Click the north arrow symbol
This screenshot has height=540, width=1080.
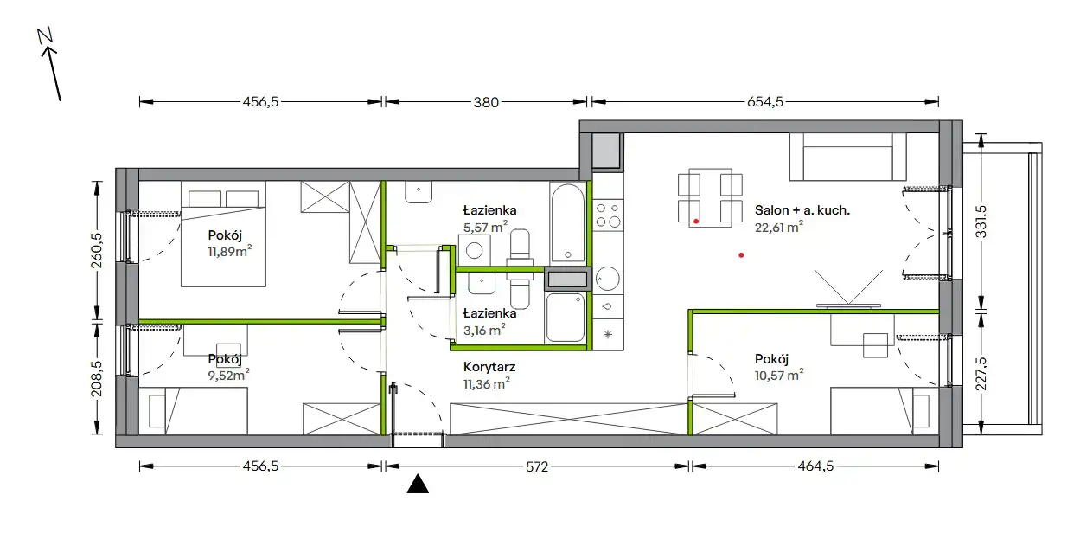49,65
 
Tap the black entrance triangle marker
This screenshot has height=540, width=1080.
418,484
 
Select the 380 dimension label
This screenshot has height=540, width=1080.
486,102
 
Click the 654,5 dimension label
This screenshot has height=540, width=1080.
765,102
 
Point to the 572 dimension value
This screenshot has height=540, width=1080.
537,466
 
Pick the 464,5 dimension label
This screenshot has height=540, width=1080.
815,466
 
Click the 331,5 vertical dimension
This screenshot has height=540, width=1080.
981,222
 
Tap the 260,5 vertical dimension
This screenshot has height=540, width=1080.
97,250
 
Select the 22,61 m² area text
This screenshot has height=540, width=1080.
779,227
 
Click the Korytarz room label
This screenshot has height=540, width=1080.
489,367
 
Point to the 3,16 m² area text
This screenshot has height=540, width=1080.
484,330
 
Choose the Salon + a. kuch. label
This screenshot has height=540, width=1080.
802,210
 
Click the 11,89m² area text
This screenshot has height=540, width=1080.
230,252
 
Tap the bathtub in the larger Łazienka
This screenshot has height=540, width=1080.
567,223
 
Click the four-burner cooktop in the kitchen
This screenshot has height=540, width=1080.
608,215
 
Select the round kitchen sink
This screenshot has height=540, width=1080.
608,279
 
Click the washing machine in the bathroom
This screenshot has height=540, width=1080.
475,250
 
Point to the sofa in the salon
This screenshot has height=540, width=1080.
848,157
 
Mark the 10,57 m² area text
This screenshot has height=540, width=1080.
779,375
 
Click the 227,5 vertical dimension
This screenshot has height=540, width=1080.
981,374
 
